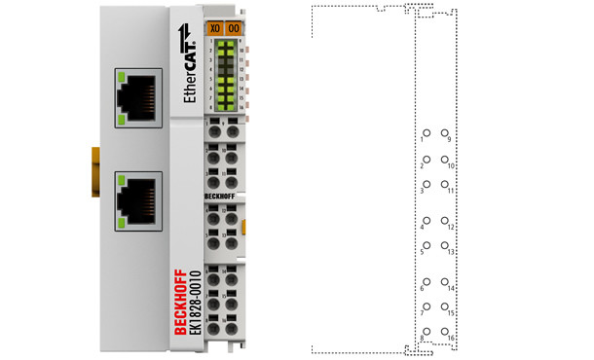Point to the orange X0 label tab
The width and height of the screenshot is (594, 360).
[x=215, y=29]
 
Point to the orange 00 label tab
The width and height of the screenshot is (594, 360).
[x=234, y=29]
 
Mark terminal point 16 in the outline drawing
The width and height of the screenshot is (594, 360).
[x=445, y=331]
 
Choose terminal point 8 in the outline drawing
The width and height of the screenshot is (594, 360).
[x=426, y=331]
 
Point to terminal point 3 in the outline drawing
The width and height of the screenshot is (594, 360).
[x=426, y=183]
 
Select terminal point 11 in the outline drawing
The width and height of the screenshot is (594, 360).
[x=445, y=183]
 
